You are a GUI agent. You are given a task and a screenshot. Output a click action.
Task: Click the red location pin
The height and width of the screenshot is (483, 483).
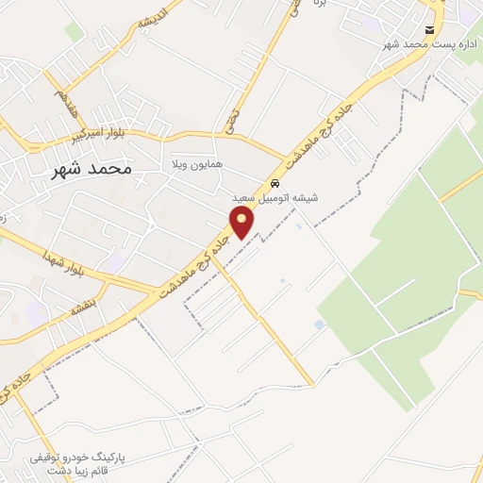[243, 223]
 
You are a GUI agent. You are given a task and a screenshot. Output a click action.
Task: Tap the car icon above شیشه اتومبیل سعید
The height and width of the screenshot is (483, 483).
[275, 183]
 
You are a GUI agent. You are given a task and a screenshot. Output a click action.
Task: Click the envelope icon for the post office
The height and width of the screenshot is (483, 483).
[430, 30]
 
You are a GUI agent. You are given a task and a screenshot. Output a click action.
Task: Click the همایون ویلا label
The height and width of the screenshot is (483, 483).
[195, 164]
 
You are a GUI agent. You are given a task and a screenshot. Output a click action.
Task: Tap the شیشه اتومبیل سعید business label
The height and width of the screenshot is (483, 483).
[275, 198]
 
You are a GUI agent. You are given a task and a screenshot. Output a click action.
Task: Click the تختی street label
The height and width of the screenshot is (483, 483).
[232, 119]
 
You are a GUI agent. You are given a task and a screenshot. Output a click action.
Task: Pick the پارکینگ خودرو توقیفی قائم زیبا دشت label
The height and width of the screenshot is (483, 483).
[64, 462]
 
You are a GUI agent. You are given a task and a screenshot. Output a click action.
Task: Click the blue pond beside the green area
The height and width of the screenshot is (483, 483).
[319, 325]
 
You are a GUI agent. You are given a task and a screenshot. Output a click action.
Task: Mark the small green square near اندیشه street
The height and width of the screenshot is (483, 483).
[74, 32]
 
